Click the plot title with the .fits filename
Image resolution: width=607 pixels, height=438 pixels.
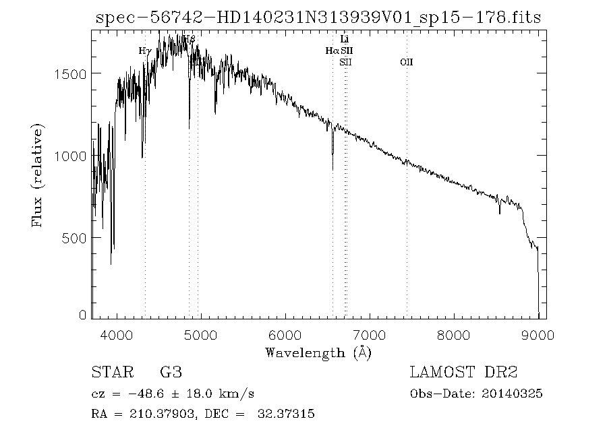pyautogui.click(x=318, y=18)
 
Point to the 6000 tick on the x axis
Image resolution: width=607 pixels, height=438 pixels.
pyautogui.click(x=285, y=335)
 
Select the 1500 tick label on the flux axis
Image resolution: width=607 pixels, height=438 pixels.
pyautogui.click(x=69, y=73)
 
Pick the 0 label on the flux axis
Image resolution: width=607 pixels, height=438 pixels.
pyautogui.click(x=83, y=315)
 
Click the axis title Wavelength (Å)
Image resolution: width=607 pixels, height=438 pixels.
pyautogui.click(x=318, y=352)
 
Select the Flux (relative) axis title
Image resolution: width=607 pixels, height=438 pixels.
pyautogui.click(x=38, y=175)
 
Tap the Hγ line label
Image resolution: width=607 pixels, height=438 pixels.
pyautogui.click(x=145, y=51)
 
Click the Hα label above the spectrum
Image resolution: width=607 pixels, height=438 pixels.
pyautogui.click(x=332, y=51)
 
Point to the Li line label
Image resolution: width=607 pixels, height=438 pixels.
pyautogui.click(x=345, y=40)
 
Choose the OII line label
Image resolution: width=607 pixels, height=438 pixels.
pyautogui.click(x=406, y=63)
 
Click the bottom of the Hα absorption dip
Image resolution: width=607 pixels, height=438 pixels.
pyautogui.click(x=333, y=168)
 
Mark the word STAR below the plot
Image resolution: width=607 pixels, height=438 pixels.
pyautogui.click(x=111, y=373)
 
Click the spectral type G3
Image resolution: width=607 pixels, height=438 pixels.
pyautogui.click(x=170, y=373)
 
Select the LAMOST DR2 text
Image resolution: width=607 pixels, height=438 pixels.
pyautogui.click(x=461, y=373)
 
